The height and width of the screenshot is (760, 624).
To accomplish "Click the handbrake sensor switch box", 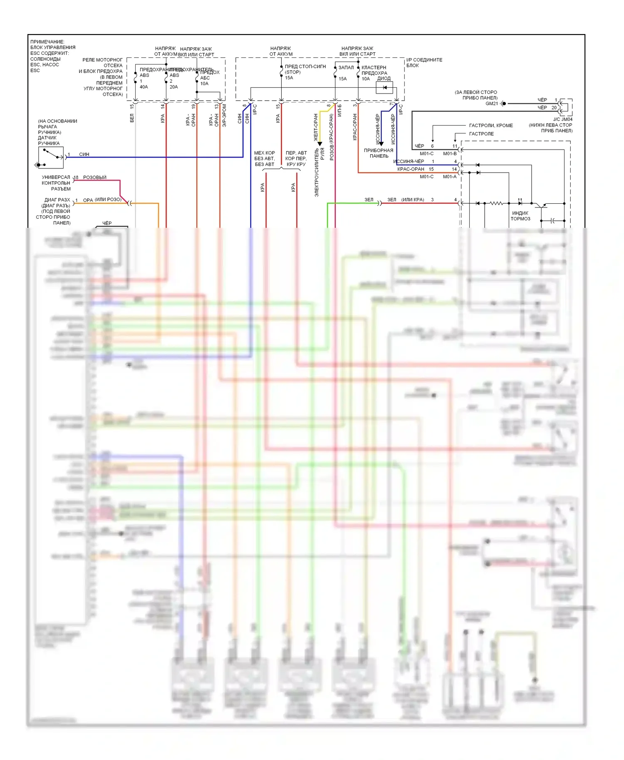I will coord(50,158).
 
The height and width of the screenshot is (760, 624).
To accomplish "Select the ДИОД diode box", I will coord(384,87).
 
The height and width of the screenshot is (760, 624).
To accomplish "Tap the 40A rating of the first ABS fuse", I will coord(144,87).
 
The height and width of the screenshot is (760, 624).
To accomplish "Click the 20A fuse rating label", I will coord(173,87).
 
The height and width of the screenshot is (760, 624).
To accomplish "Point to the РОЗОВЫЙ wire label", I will coord(95,178).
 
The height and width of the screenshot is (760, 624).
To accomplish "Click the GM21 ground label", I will coord(492,104).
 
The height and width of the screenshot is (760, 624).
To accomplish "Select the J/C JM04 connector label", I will coord(562,119).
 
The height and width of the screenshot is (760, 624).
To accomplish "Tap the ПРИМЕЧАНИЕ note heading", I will coord(47,42).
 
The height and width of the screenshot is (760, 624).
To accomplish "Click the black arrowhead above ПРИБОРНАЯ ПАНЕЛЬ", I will coord(381,144).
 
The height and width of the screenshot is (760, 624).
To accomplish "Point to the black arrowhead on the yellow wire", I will coord(320,144).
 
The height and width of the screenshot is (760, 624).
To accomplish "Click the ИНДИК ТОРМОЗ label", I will coord(520,216).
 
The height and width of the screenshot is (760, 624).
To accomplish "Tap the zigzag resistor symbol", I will coord(496,203).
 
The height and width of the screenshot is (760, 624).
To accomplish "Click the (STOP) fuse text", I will coord(293,72).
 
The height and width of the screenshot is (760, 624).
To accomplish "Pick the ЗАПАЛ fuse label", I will coord(346,67).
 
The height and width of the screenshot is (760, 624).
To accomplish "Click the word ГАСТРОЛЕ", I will coord(481,134).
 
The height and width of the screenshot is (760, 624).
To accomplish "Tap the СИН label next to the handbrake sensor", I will coord(84,154).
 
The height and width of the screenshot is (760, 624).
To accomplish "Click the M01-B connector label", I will coord(450,154).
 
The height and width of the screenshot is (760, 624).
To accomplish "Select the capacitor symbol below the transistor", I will coord(552,221).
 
